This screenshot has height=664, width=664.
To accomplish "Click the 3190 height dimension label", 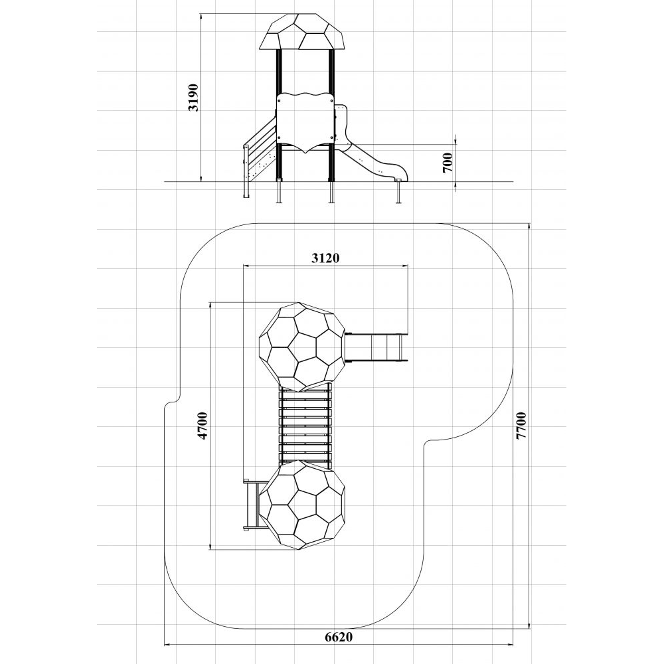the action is click(x=193, y=98).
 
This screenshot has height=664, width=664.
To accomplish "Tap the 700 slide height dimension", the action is click(x=448, y=163).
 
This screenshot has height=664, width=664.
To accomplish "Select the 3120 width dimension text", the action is click(x=325, y=258).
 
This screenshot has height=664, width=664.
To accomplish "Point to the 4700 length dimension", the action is click(x=204, y=425).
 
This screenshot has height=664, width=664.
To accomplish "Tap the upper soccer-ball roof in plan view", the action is click(x=302, y=347).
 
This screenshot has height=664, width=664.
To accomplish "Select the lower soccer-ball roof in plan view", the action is click(x=302, y=505).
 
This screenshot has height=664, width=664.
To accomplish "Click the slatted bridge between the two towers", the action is click(x=305, y=426).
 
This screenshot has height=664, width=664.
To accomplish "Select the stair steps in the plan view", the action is click(x=251, y=504).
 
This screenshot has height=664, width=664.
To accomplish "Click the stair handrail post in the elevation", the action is click(x=246, y=171).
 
